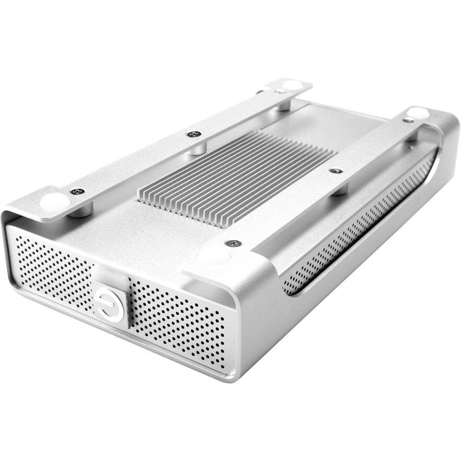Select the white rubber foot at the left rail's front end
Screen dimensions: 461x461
coord(55,201)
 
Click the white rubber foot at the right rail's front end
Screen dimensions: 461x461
coord(213,256)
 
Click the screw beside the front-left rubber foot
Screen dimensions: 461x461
coord(77,191)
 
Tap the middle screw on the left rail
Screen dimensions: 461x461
coord(193,134)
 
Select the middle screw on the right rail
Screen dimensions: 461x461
coord(336,171)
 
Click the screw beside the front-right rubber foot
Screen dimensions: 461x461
coord(234,242)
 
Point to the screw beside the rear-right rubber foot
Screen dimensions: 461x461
coord(408,120)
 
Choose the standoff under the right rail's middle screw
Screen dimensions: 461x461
coord(340,188)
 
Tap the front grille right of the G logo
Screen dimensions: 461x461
coord(180,323)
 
